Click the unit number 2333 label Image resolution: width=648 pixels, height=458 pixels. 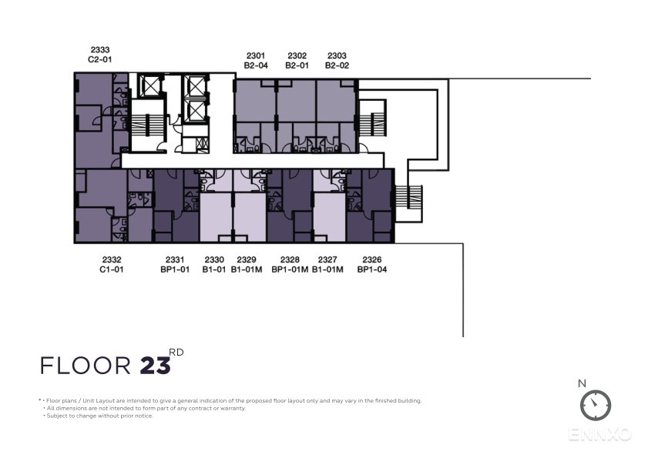point(100,50)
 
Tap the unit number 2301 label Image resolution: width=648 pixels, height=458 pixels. point(256,55)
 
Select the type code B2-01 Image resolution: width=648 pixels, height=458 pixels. point(297,65)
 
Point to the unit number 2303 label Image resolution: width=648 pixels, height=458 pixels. point(337,55)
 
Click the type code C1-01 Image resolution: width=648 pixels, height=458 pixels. point(112,269)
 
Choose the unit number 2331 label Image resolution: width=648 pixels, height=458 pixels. point(175,259)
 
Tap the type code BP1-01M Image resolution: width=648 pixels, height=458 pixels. point(290,269)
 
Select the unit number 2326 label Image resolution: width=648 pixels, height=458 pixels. point(372,259)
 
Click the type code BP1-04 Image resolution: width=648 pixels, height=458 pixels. point(372,269)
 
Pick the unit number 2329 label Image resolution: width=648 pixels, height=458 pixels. point(247,259)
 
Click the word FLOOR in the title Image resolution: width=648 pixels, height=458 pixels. point(86,366)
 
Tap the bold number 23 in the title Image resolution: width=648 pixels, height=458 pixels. point(156,366)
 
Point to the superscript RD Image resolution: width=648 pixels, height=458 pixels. point(176,353)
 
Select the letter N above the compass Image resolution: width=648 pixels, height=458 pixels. point(582,383)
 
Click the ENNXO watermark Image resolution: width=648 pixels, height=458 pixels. point(600,434)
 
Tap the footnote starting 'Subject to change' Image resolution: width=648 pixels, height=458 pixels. point(99,416)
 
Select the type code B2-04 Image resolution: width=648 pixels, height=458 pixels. point(256,65)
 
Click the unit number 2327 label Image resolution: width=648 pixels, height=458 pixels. point(327,259)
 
